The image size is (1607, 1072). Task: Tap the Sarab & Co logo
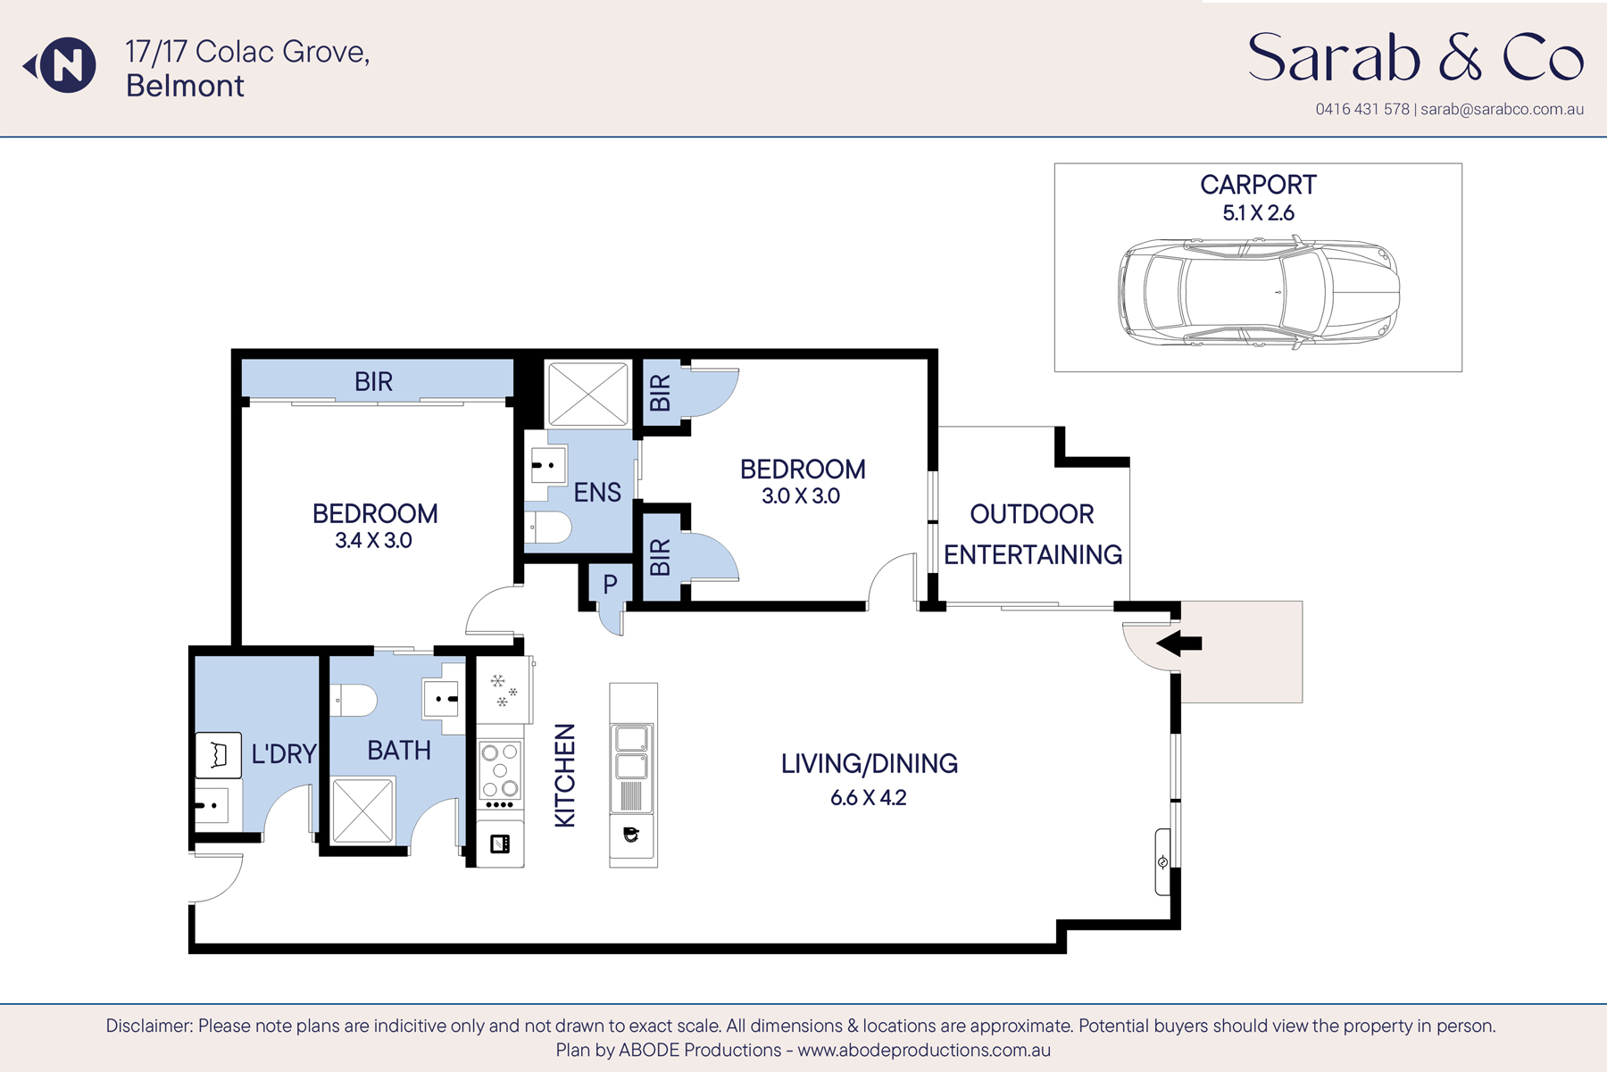(1415, 58)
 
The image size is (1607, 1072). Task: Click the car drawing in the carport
(1258, 292)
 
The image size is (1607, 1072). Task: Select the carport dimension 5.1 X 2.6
(1258, 213)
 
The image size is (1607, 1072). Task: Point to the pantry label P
(610, 585)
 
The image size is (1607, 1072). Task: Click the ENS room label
(597, 493)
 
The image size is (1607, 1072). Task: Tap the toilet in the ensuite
(549, 528)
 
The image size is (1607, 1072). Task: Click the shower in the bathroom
(362, 810)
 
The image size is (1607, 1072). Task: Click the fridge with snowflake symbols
(503, 690)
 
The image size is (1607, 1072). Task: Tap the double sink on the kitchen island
(632, 752)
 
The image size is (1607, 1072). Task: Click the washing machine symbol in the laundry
(218, 755)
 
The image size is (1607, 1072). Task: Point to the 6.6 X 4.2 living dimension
(868, 798)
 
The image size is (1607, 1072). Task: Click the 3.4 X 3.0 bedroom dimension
(373, 541)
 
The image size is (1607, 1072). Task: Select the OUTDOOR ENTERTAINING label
(1032, 535)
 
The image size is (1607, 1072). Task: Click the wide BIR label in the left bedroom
(373, 382)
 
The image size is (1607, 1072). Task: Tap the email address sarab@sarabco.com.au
(1502, 110)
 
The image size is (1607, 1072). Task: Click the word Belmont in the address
(185, 87)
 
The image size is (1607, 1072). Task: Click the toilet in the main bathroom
(355, 701)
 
